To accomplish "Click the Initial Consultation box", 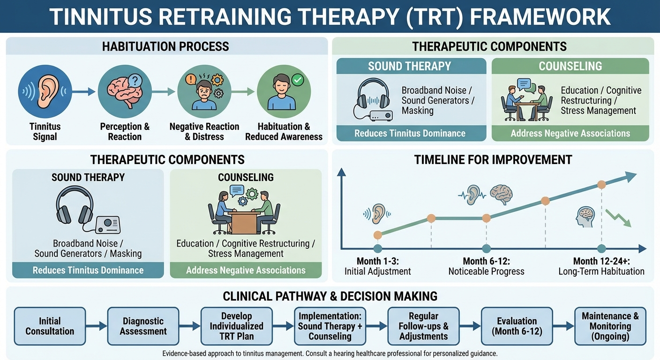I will (x=50, y=326).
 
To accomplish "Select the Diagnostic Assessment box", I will (x=143, y=326).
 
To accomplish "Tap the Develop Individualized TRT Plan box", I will (x=236, y=326).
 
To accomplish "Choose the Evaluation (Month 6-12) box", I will (x=517, y=326).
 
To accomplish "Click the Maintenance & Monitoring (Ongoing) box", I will (x=610, y=326).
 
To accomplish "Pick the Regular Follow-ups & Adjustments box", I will (x=423, y=326).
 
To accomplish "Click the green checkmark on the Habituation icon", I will (x=297, y=80).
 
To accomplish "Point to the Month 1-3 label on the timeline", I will (x=377, y=261).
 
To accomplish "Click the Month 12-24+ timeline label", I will (x=601, y=261).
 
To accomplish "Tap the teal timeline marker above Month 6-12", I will (x=486, y=248).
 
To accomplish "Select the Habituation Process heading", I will (x=165, y=46).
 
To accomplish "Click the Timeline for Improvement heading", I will (x=493, y=159).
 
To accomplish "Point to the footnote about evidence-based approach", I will (x=330, y=353).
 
